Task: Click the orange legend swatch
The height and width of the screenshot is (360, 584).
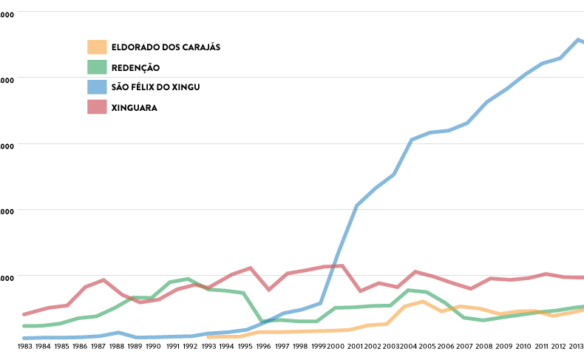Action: [97, 47]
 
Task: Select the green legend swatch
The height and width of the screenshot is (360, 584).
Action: [97, 67]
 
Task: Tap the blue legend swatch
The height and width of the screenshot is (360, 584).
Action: [97, 87]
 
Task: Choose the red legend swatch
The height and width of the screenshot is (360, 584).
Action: [97, 107]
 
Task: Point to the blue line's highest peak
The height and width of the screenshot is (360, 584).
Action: [578, 39]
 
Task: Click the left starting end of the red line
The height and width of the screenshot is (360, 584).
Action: [24, 314]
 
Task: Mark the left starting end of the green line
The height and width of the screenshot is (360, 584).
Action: [24, 326]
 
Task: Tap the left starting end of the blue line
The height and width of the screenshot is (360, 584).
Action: [24, 338]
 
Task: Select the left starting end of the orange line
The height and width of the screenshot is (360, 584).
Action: [208, 337]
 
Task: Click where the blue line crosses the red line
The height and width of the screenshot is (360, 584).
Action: [330, 266]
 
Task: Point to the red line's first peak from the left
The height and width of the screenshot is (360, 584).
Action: [103, 279]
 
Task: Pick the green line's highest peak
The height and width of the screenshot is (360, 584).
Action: [188, 279]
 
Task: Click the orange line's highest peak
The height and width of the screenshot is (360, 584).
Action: [423, 302]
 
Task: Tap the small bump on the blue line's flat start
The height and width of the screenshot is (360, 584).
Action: [118, 333]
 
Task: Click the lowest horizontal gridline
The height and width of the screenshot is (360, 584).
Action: [296, 275]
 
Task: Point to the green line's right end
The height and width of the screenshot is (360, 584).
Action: [583, 306]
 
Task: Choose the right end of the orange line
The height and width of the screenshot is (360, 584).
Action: [583, 310]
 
